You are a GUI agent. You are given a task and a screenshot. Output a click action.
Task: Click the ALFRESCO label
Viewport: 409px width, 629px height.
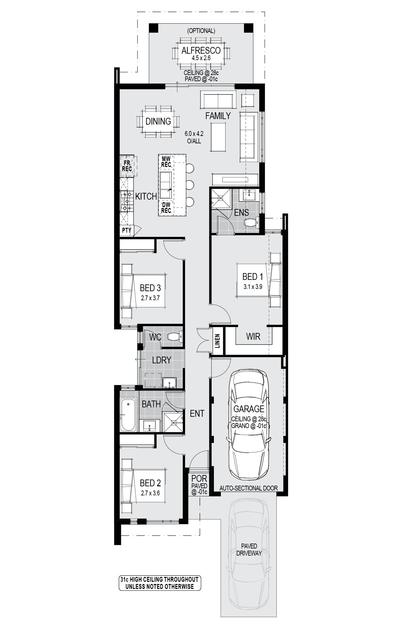click(201, 50)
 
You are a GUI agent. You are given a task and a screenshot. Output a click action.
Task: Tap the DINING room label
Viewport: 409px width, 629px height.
click(158, 121)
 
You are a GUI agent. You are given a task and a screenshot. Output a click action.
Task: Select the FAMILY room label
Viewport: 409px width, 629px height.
click(218, 116)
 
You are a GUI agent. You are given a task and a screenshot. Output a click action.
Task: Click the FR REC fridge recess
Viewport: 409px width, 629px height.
click(127, 166)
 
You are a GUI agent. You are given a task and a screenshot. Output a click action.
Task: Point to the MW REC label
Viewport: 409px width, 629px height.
click(166, 162)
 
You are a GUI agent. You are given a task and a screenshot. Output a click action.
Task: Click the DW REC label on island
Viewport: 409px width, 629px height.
click(166, 208)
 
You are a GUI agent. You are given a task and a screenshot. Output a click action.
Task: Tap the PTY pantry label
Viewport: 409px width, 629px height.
click(127, 230)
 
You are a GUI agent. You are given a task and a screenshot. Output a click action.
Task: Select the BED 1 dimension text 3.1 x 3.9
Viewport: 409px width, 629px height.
click(253, 287)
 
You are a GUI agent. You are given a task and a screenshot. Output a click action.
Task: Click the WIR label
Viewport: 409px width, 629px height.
click(253, 337)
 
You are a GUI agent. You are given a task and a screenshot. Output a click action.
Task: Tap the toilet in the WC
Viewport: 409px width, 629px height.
click(176, 337)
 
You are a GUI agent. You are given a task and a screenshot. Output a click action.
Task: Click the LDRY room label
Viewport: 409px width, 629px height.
click(161, 360)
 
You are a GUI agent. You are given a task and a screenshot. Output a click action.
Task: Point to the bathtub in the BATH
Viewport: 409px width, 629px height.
click(128, 415)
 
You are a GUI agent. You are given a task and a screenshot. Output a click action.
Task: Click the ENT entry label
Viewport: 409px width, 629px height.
click(197, 414)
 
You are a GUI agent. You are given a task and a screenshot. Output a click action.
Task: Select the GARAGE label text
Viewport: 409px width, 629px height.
click(249, 409)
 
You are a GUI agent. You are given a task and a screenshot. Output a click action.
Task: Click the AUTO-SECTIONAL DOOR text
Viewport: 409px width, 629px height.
click(249, 488)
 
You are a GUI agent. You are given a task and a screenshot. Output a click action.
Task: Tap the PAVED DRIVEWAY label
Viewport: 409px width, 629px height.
click(249, 550)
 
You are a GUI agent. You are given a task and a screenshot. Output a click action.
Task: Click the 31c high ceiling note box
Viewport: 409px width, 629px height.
click(160, 583)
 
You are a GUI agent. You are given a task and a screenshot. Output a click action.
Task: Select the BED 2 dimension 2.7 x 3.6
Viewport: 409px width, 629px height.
click(150, 493)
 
